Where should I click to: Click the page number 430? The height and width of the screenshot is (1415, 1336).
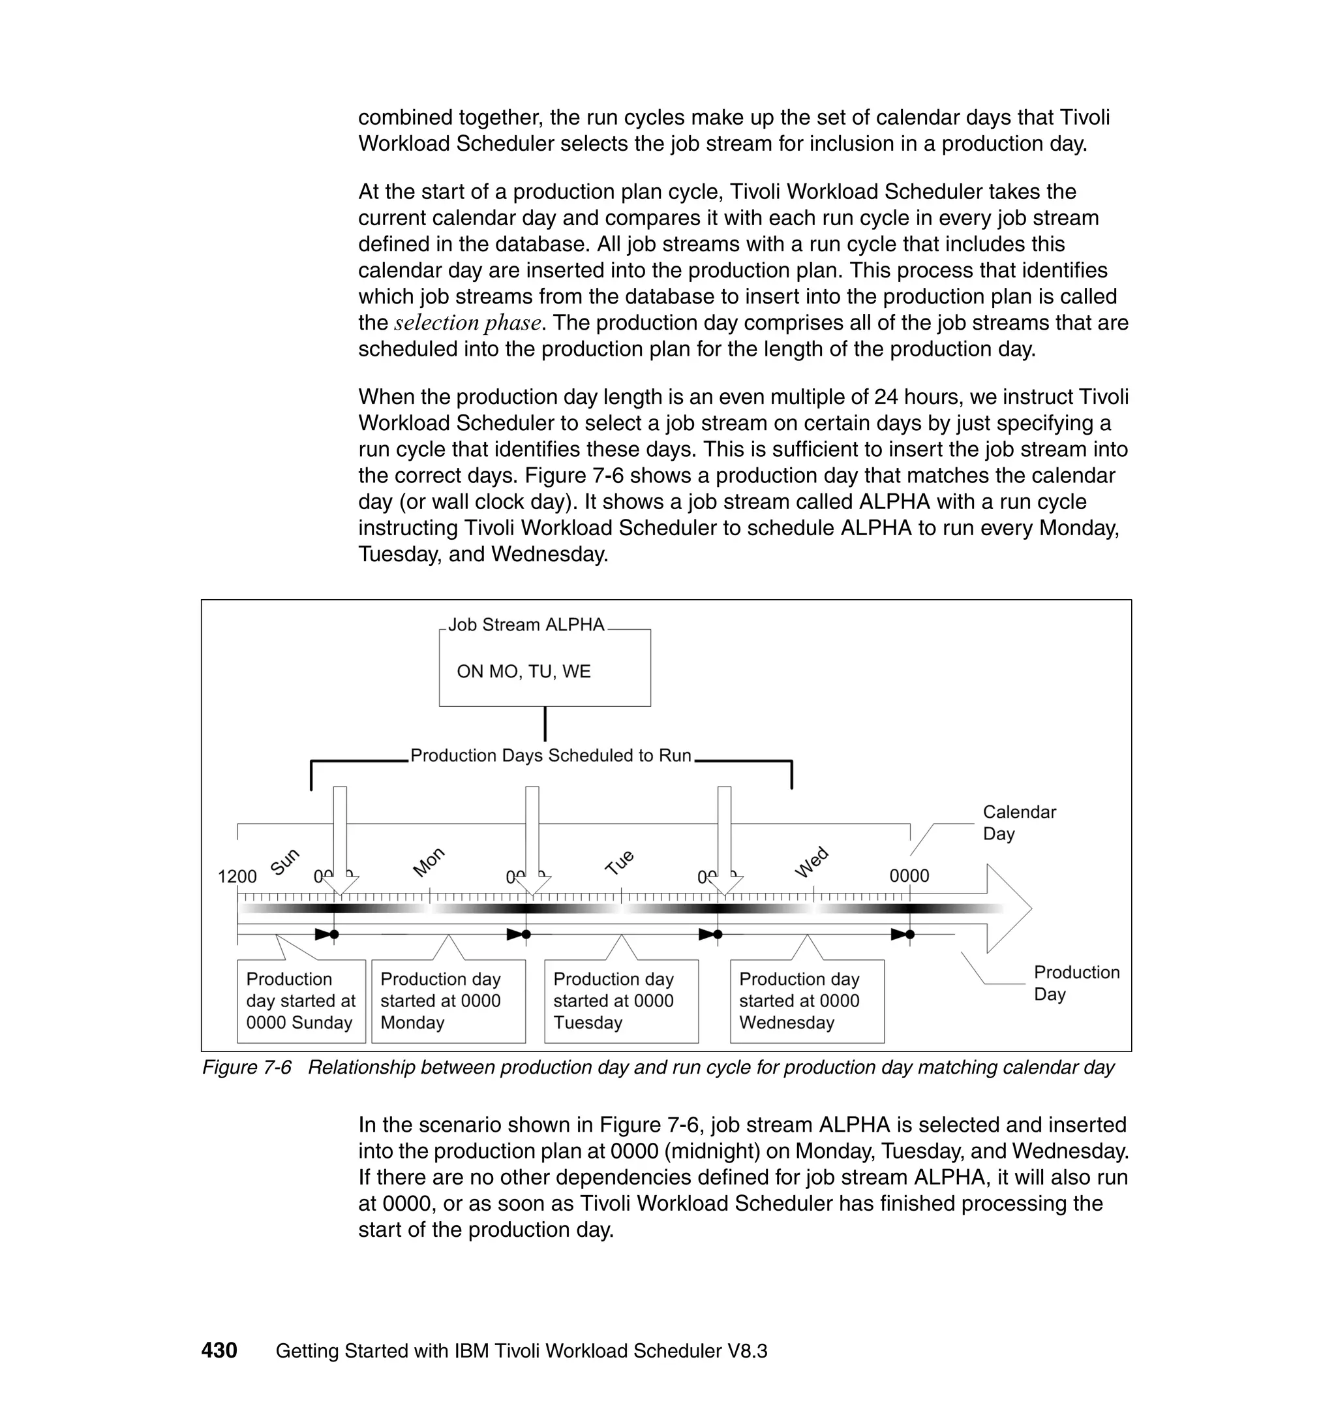click(219, 1350)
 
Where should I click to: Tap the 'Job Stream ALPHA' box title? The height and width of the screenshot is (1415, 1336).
click(526, 625)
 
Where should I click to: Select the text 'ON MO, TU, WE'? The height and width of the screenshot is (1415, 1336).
click(523, 671)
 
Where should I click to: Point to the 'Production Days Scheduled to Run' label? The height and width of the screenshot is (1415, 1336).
click(551, 755)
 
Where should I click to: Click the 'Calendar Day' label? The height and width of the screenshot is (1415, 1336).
click(1018, 823)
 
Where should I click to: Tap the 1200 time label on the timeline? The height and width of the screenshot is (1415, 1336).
click(237, 877)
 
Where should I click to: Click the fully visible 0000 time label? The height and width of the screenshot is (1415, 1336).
click(909, 876)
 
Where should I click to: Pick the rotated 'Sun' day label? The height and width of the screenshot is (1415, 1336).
click(285, 862)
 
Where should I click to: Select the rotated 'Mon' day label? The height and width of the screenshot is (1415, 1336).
click(429, 862)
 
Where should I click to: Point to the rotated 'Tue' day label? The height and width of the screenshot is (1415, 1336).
click(619, 862)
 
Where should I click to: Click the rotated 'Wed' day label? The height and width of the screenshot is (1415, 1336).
click(811, 862)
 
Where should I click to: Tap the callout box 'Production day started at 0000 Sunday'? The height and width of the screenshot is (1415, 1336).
click(301, 1001)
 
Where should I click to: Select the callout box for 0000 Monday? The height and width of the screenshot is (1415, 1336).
click(448, 1001)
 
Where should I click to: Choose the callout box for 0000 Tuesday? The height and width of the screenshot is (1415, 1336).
click(621, 1001)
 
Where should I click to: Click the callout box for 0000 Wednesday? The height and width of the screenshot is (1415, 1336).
click(807, 1001)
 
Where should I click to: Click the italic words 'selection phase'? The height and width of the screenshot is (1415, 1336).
click(467, 323)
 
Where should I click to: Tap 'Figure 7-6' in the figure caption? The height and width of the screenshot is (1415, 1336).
click(247, 1067)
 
